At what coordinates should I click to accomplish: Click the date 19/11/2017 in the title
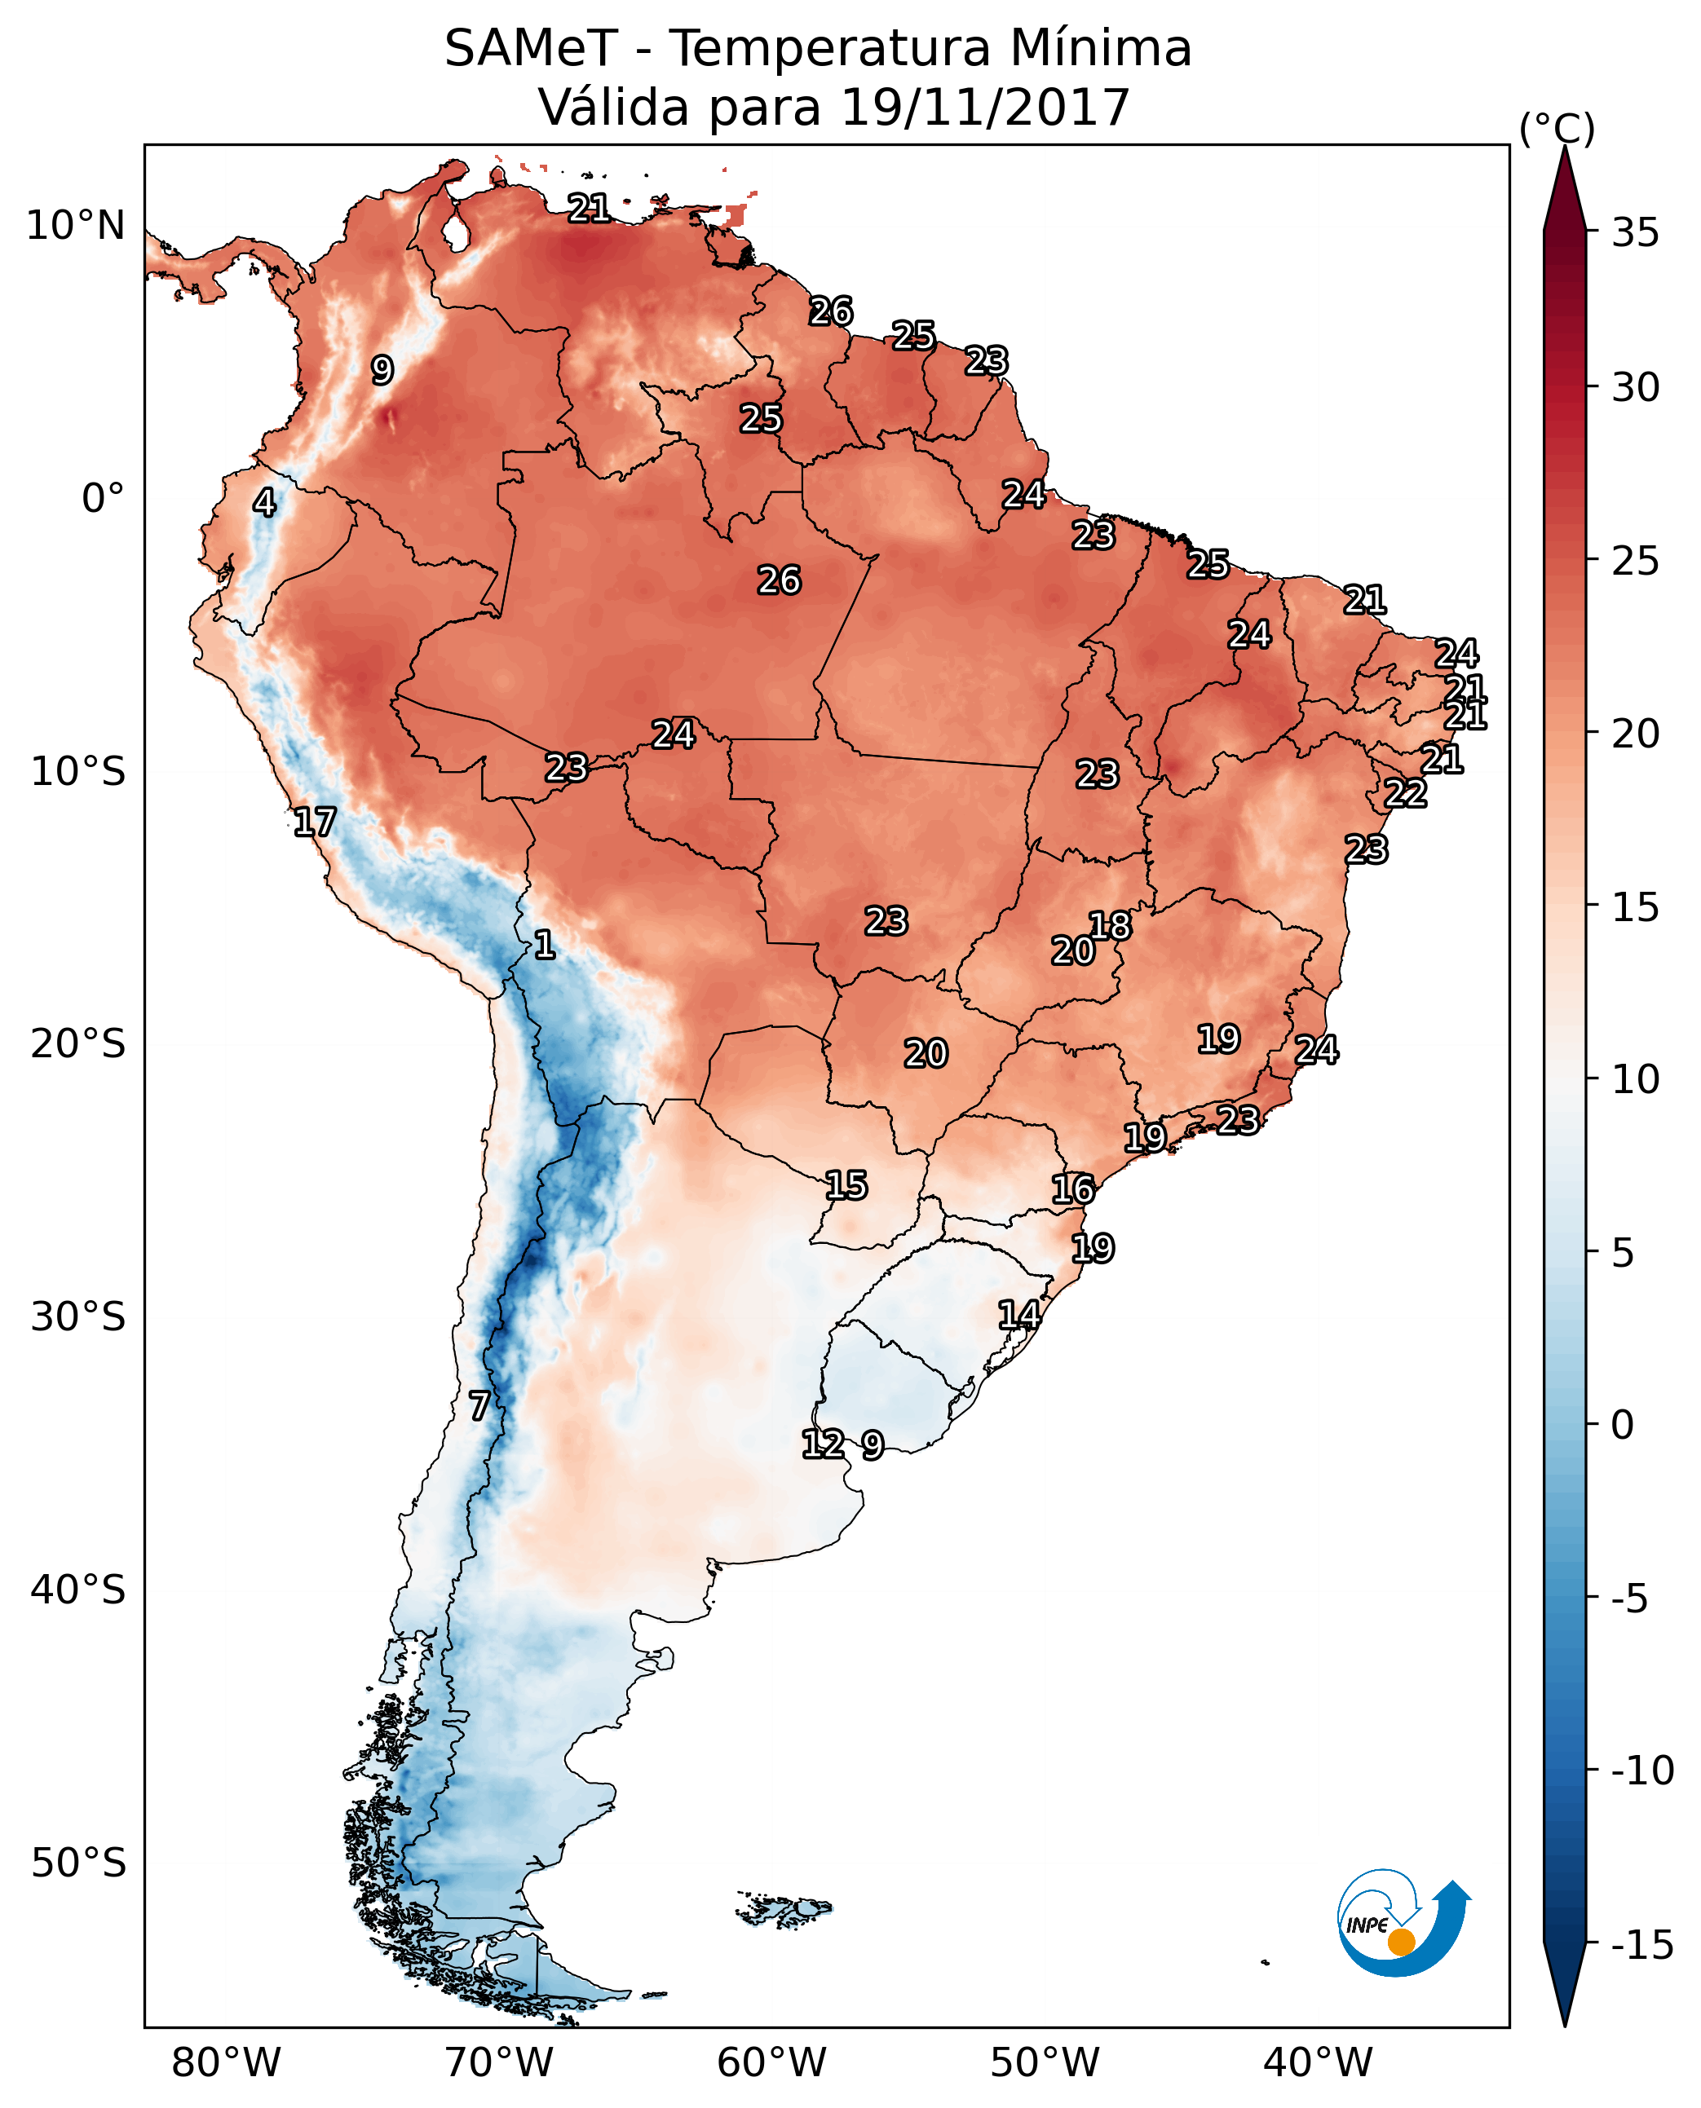coord(986,108)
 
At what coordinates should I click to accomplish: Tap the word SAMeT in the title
coord(530,49)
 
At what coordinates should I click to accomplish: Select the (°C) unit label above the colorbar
coord(1557,128)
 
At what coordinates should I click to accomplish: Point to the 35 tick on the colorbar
coord(1635,233)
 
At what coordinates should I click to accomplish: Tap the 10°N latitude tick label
coord(76,227)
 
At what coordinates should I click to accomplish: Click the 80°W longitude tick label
coord(227,2063)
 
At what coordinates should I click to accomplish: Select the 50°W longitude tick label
coord(1045,2063)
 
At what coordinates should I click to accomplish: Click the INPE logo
coord(1403,1922)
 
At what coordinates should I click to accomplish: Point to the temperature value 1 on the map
coord(545,946)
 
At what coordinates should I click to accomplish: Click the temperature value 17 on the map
coord(315,822)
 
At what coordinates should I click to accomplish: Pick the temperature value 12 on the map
coord(823,1444)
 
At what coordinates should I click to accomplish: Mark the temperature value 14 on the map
coord(1019,1315)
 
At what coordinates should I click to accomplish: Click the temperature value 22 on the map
coord(1405,793)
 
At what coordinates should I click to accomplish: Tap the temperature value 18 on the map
coord(1110,926)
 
